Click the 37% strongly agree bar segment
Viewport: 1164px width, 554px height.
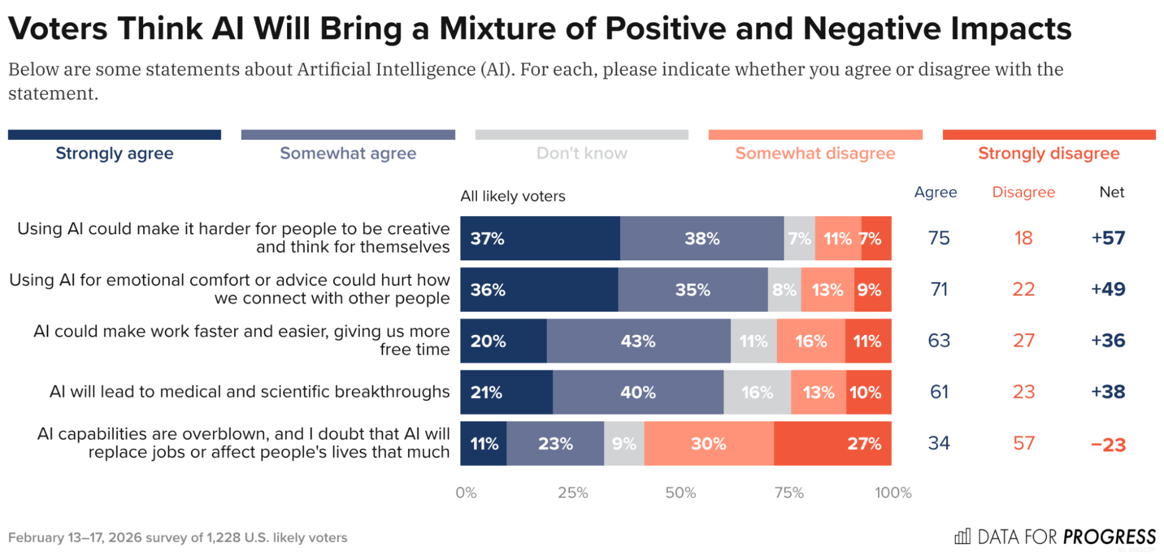pos(540,238)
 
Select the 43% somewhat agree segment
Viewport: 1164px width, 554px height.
pos(638,341)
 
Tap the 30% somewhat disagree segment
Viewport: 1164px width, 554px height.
pos(709,443)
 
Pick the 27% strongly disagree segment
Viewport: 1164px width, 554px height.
pos(832,443)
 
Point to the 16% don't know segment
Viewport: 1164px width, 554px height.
pos(757,392)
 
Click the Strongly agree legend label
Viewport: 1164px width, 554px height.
pos(115,153)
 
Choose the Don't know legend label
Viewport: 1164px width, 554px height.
pos(582,153)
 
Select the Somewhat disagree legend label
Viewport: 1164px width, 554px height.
pos(815,153)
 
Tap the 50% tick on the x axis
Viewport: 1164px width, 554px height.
pos(681,493)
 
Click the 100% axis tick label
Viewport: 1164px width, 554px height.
pos(893,493)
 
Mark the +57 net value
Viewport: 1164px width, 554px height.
pos(1108,238)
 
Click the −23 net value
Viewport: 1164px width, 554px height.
pos(1108,444)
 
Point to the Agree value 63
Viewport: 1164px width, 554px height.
pos(939,341)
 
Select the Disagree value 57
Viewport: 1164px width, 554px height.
pos(1023,443)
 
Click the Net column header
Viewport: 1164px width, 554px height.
pos(1111,192)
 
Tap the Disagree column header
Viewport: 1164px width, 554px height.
pos(1023,192)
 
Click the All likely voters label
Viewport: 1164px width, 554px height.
pos(512,196)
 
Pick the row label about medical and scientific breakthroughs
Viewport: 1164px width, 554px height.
pos(249,392)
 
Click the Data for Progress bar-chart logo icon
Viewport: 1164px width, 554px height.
pos(963,536)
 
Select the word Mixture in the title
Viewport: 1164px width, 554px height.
pos(498,29)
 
